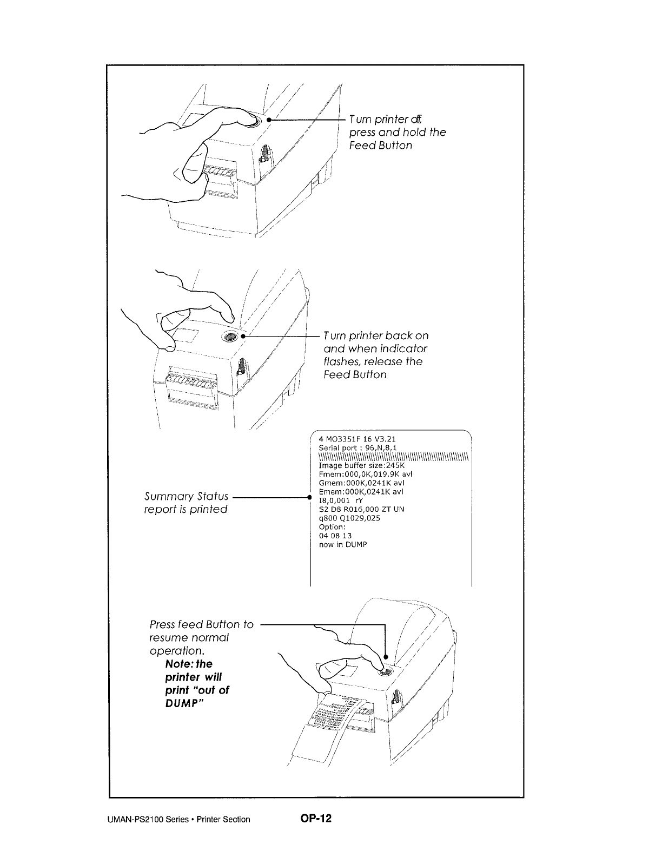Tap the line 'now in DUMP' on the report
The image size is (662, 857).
[343, 544]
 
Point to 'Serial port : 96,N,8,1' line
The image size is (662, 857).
[358, 448]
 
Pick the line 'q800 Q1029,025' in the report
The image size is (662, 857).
[349, 518]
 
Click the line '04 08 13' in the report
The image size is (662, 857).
[335, 536]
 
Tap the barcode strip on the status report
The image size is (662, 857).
[393, 457]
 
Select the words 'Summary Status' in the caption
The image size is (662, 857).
[186, 496]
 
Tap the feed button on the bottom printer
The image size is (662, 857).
[385, 673]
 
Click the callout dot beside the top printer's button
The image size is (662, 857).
[269, 120]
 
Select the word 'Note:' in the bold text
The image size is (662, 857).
[179, 664]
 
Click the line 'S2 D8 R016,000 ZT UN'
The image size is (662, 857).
[361, 509]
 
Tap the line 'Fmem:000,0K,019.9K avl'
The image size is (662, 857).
[366, 474]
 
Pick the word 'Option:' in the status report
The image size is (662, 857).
[332, 527]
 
